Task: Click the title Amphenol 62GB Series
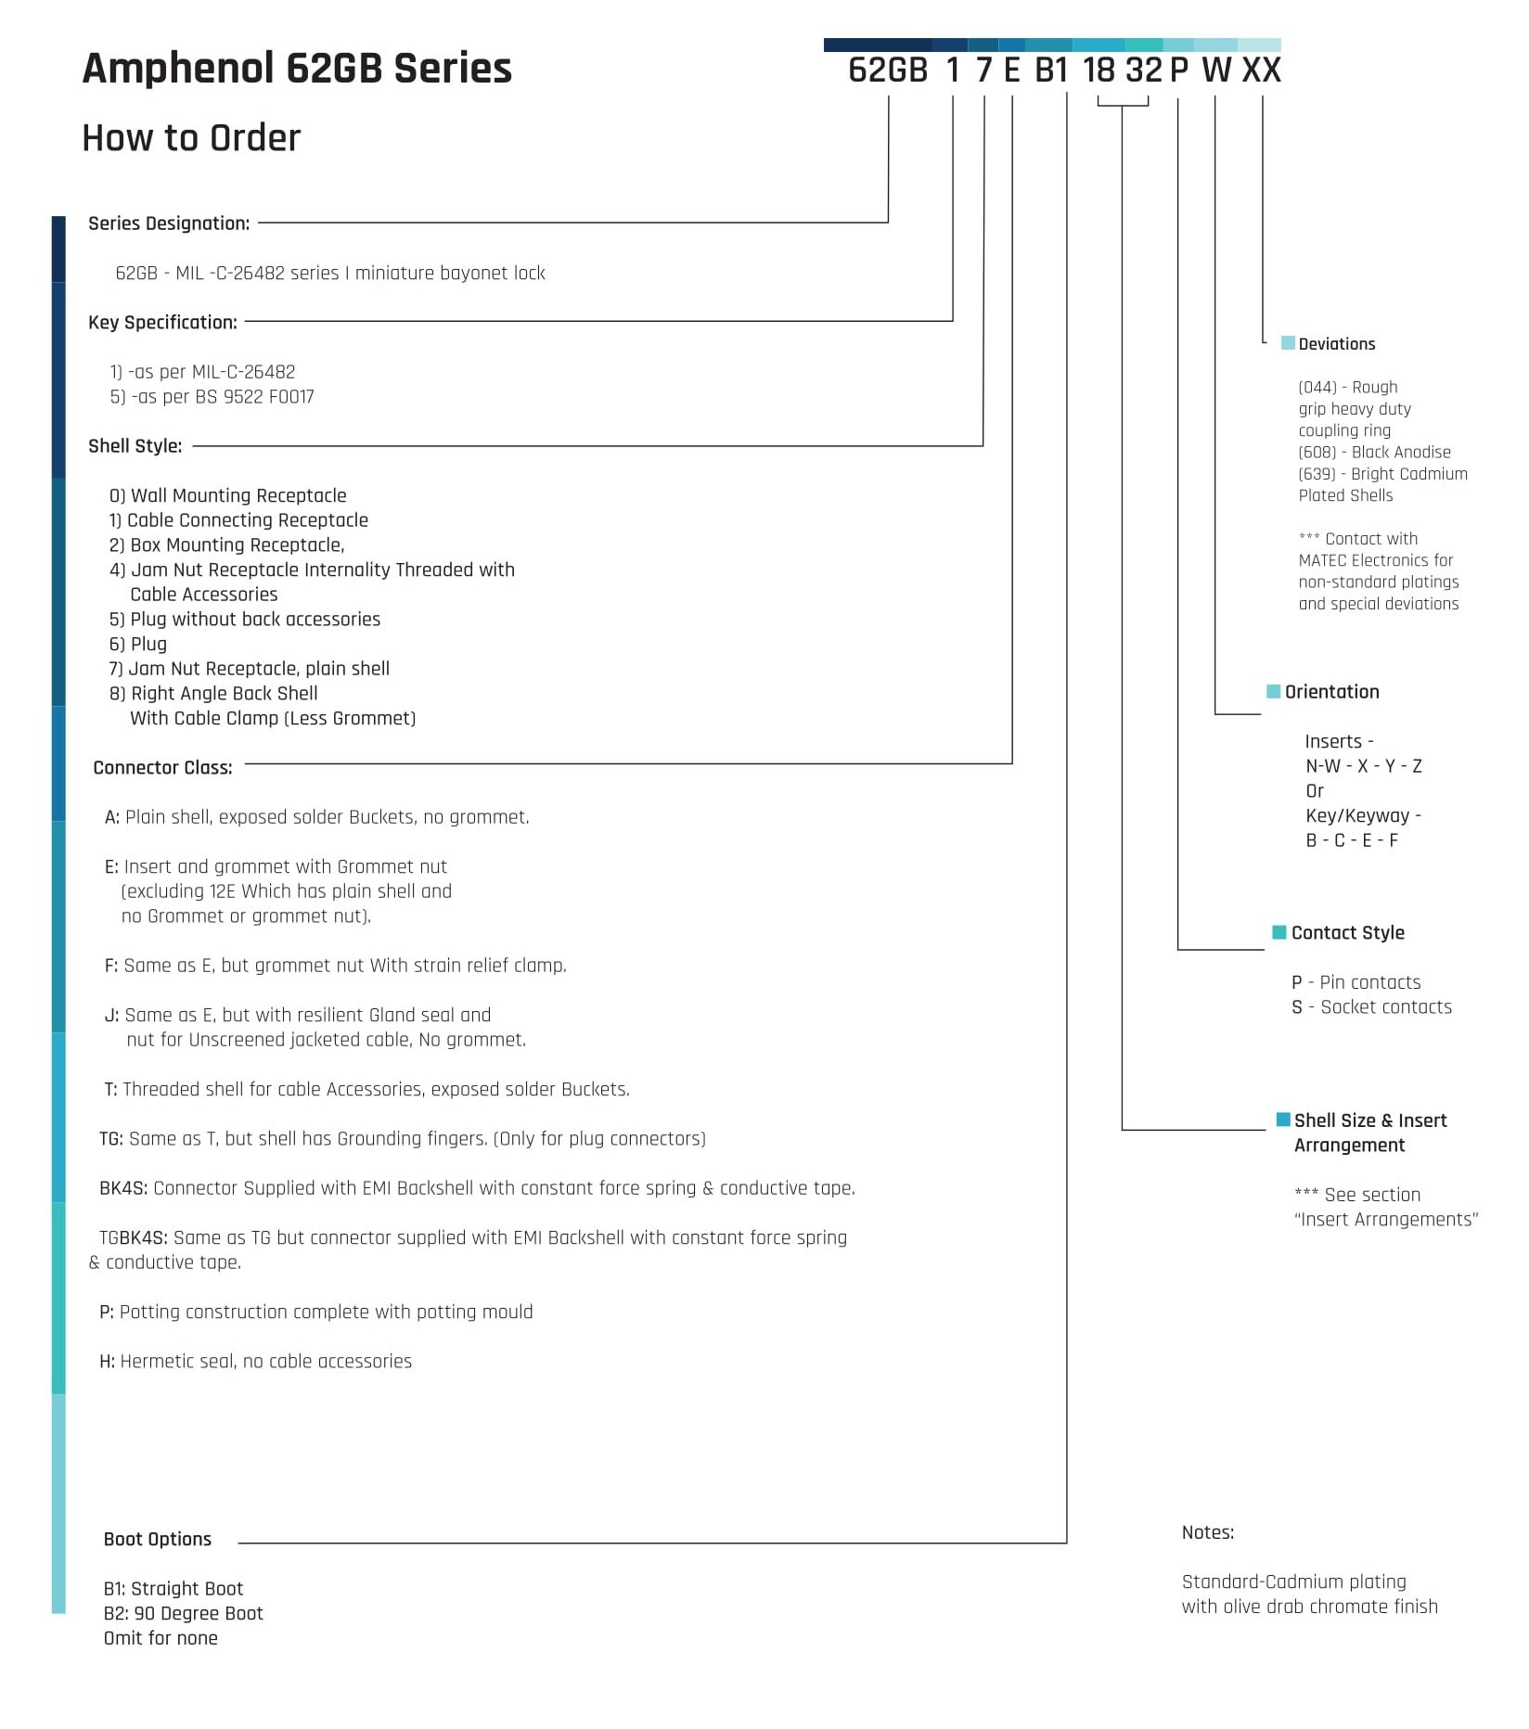[x=297, y=69]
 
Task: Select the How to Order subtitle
[x=191, y=138]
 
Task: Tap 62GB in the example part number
[x=888, y=70]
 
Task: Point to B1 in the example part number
[x=1051, y=70]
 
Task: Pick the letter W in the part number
[x=1216, y=70]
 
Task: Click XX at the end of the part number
[x=1262, y=70]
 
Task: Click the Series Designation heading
[x=169, y=224]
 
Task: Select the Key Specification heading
[x=162, y=323]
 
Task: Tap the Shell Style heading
[x=135, y=446]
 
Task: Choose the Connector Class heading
[x=163, y=768]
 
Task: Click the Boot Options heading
[x=158, y=1539]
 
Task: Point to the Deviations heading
[x=1337, y=344]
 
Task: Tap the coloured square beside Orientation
[x=1274, y=691]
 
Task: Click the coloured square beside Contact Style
[x=1279, y=932]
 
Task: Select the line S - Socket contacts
[x=1371, y=1007]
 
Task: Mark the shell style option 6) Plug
[x=138, y=644]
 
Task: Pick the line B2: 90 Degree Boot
[x=184, y=1613]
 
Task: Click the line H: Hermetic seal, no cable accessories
[x=256, y=1362]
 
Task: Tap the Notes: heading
[x=1208, y=1532]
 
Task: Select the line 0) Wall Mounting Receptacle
[x=228, y=495]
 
